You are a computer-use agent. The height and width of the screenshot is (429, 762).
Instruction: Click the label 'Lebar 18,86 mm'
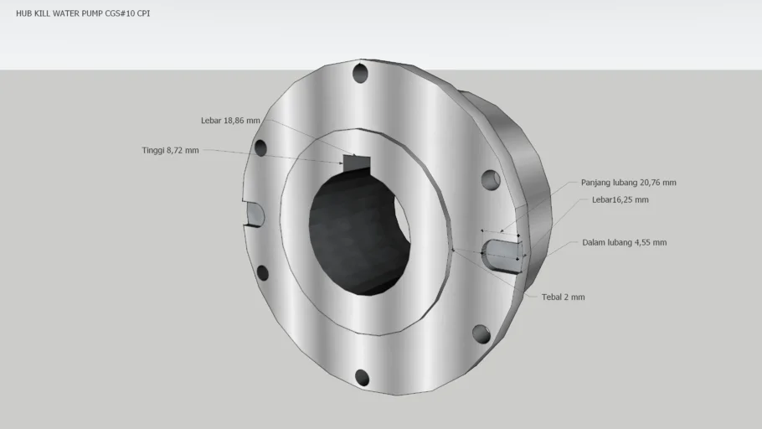230,121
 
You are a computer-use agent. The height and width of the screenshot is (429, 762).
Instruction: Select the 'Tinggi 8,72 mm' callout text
170,150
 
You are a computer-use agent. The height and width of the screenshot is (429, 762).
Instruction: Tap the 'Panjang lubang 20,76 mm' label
628,183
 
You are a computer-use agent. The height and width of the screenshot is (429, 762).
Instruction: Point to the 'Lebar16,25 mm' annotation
620,199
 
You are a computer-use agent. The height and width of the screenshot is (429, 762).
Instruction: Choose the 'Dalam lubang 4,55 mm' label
625,242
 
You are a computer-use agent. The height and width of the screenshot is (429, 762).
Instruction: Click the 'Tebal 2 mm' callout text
564,297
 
